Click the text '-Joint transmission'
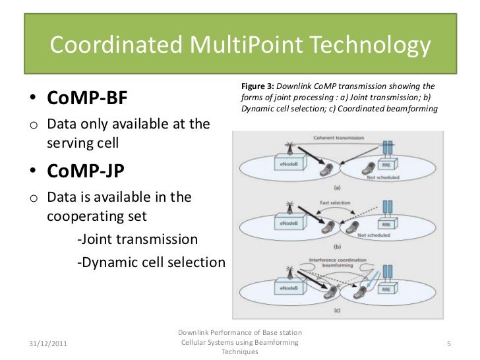point(137,238)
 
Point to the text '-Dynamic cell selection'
point(151,262)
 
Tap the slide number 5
point(448,344)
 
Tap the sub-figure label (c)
point(336,309)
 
